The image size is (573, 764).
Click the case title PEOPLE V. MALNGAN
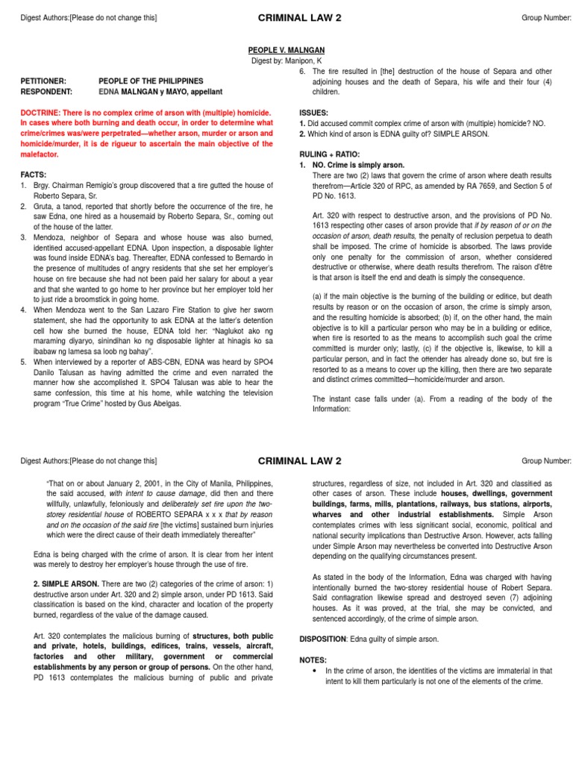pyautogui.click(x=286, y=49)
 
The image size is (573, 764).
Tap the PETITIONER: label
pyautogui.click(x=43, y=81)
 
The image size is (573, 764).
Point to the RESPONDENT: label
pyautogui.click(x=46, y=91)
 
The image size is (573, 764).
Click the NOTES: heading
pyautogui.click(x=313, y=660)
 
